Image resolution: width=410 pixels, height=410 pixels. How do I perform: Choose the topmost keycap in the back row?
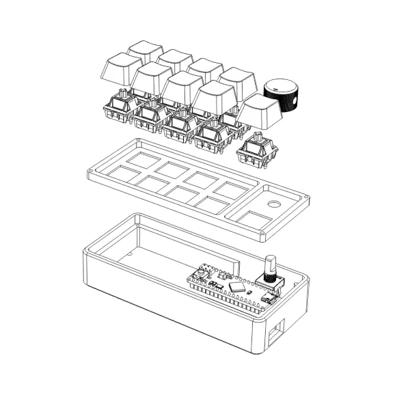tap(145, 51)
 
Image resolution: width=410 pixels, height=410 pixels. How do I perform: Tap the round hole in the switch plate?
tap(274, 204)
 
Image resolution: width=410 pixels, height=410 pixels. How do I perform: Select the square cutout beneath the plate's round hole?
tap(253, 220)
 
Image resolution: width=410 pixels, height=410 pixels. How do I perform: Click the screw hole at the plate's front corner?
tap(262, 236)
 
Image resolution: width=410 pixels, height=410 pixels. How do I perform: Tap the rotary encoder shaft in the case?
tap(269, 265)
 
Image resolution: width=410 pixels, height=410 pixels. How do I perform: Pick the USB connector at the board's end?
tap(268, 299)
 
